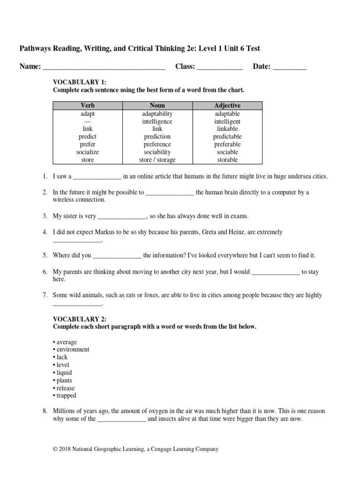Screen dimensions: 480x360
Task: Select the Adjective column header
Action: click(227, 106)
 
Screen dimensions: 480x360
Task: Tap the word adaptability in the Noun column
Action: click(157, 114)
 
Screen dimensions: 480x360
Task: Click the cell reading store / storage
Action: click(157, 160)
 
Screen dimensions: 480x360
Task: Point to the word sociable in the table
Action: click(227, 152)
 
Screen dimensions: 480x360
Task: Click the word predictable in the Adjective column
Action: click(227, 137)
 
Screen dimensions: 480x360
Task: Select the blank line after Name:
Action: click(104, 67)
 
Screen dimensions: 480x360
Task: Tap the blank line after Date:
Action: click(289, 67)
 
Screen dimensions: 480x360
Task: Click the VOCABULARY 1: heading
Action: click(80, 82)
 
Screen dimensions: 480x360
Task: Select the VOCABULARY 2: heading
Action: click(80, 319)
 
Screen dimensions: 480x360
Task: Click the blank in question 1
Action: click(97, 177)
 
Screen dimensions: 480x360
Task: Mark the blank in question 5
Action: click(117, 256)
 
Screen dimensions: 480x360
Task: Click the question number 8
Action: click(45, 411)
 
